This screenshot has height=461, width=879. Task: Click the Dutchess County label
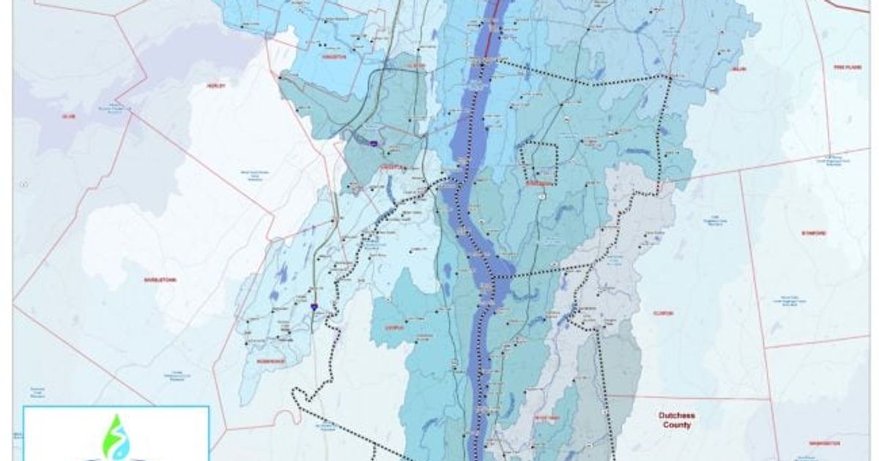pos(675,419)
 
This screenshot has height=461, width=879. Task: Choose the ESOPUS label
pos(395,327)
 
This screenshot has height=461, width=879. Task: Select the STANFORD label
pos(813,233)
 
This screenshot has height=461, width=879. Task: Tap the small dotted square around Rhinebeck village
pos(538,164)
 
